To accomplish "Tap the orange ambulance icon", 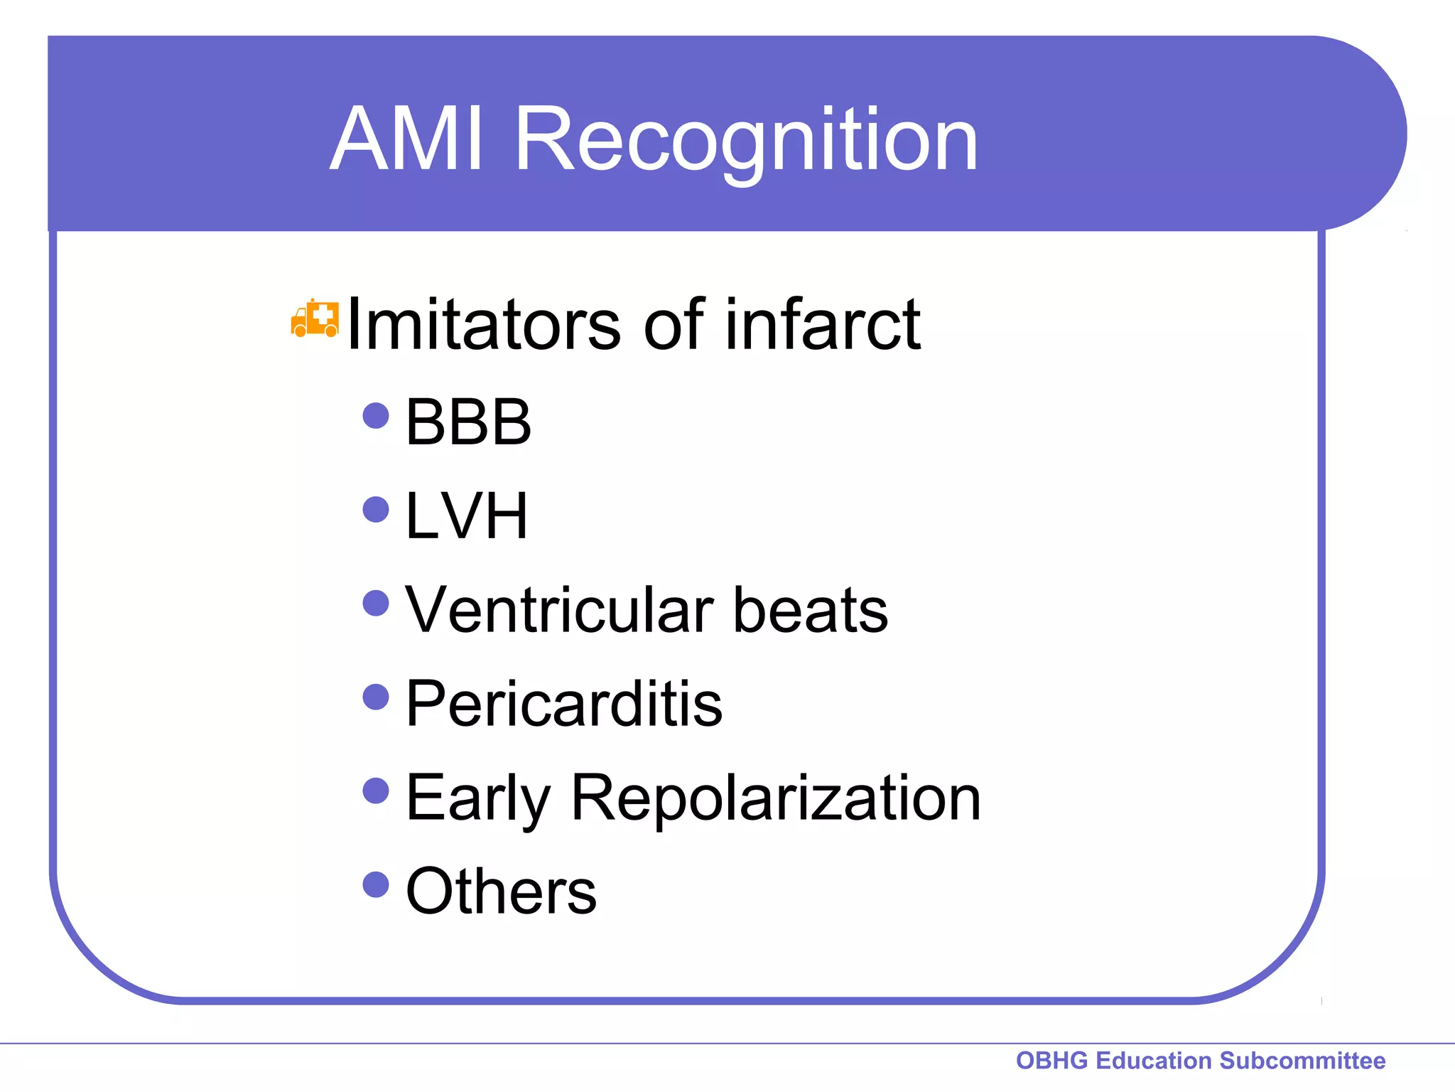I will click(x=315, y=318).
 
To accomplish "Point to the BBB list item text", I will click(x=467, y=422).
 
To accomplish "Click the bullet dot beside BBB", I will click(x=376, y=416).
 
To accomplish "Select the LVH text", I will click(x=466, y=516).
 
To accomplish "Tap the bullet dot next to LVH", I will click(x=376, y=510).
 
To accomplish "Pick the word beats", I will click(x=810, y=610).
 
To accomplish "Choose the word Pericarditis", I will click(x=563, y=704).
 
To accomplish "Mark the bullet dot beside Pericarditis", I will click(x=376, y=697).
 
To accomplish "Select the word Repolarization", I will click(x=775, y=798).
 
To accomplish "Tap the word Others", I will click(x=501, y=892).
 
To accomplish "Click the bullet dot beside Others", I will click(x=376, y=885).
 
